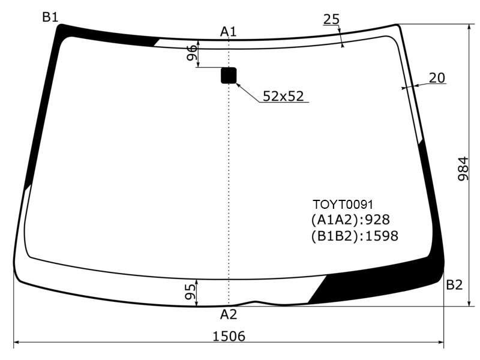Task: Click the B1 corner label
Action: click(50, 17)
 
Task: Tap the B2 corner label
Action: click(454, 285)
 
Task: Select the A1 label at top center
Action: click(229, 32)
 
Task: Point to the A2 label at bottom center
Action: click(229, 314)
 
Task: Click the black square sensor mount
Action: click(229, 76)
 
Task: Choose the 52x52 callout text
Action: click(283, 96)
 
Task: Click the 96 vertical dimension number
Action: click(192, 53)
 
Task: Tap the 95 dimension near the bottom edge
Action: click(190, 292)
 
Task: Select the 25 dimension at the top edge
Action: click(332, 19)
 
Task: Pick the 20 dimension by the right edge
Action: click(437, 78)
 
